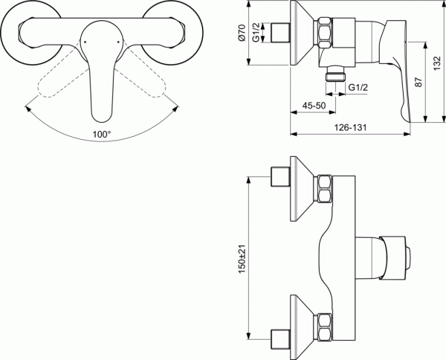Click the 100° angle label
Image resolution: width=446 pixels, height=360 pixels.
pyautogui.click(x=101, y=135)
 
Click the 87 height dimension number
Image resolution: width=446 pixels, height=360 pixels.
pyautogui.click(x=418, y=83)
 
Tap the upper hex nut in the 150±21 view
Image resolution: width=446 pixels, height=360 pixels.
pyautogui.click(x=326, y=190)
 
